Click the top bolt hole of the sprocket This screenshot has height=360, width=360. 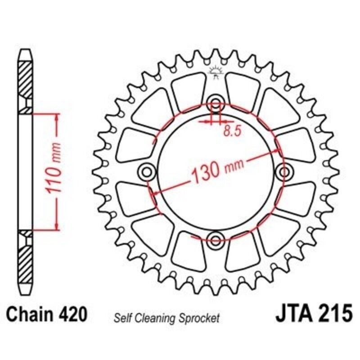(x=216, y=103)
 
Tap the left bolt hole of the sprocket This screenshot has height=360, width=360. (x=147, y=171)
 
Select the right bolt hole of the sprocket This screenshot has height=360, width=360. (x=284, y=171)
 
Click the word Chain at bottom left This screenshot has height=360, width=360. (x=31, y=313)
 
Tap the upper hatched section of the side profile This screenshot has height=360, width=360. (x=26, y=79)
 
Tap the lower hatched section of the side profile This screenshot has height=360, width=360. (x=26, y=263)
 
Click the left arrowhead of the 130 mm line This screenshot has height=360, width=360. (x=155, y=193)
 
